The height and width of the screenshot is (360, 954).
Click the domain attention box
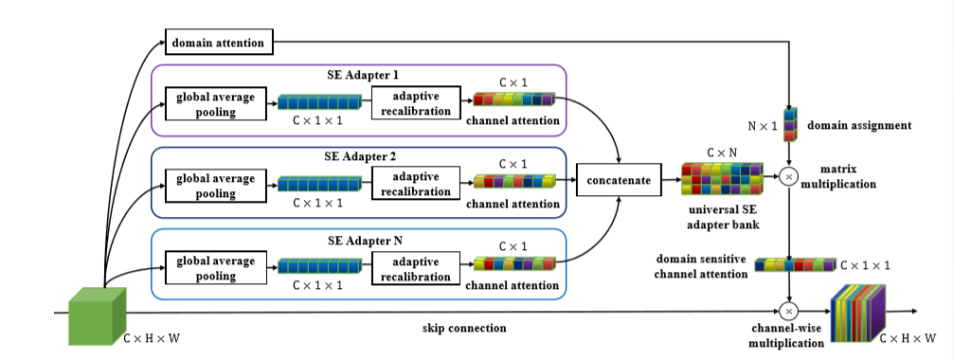[220, 42]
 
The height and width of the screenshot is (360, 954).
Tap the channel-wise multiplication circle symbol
[788, 310]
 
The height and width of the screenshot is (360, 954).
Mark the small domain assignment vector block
[788, 125]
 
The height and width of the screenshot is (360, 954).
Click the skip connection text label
[464, 328]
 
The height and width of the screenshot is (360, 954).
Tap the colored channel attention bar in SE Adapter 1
[513, 99]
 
